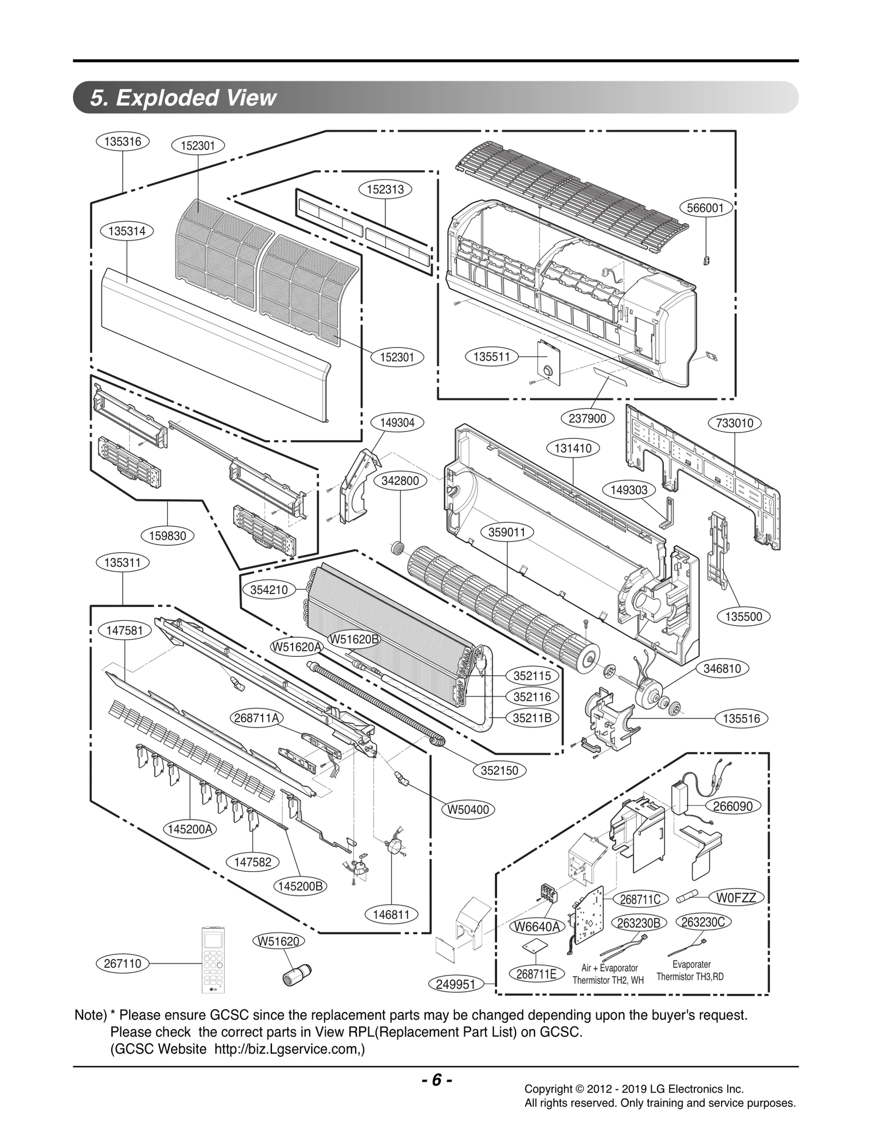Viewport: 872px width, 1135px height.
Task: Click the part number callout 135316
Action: click(123, 142)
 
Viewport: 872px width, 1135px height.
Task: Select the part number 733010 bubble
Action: click(734, 423)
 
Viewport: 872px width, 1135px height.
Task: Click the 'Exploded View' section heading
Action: click(184, 98)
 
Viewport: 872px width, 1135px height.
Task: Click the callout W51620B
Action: click(354, 639)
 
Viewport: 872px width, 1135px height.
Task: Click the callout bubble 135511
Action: click(491, 357)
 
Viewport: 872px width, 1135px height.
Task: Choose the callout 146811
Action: click(391, 915)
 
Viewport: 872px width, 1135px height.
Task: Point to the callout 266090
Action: click(732, 806)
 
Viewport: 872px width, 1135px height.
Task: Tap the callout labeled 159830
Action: click(167, 535)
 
